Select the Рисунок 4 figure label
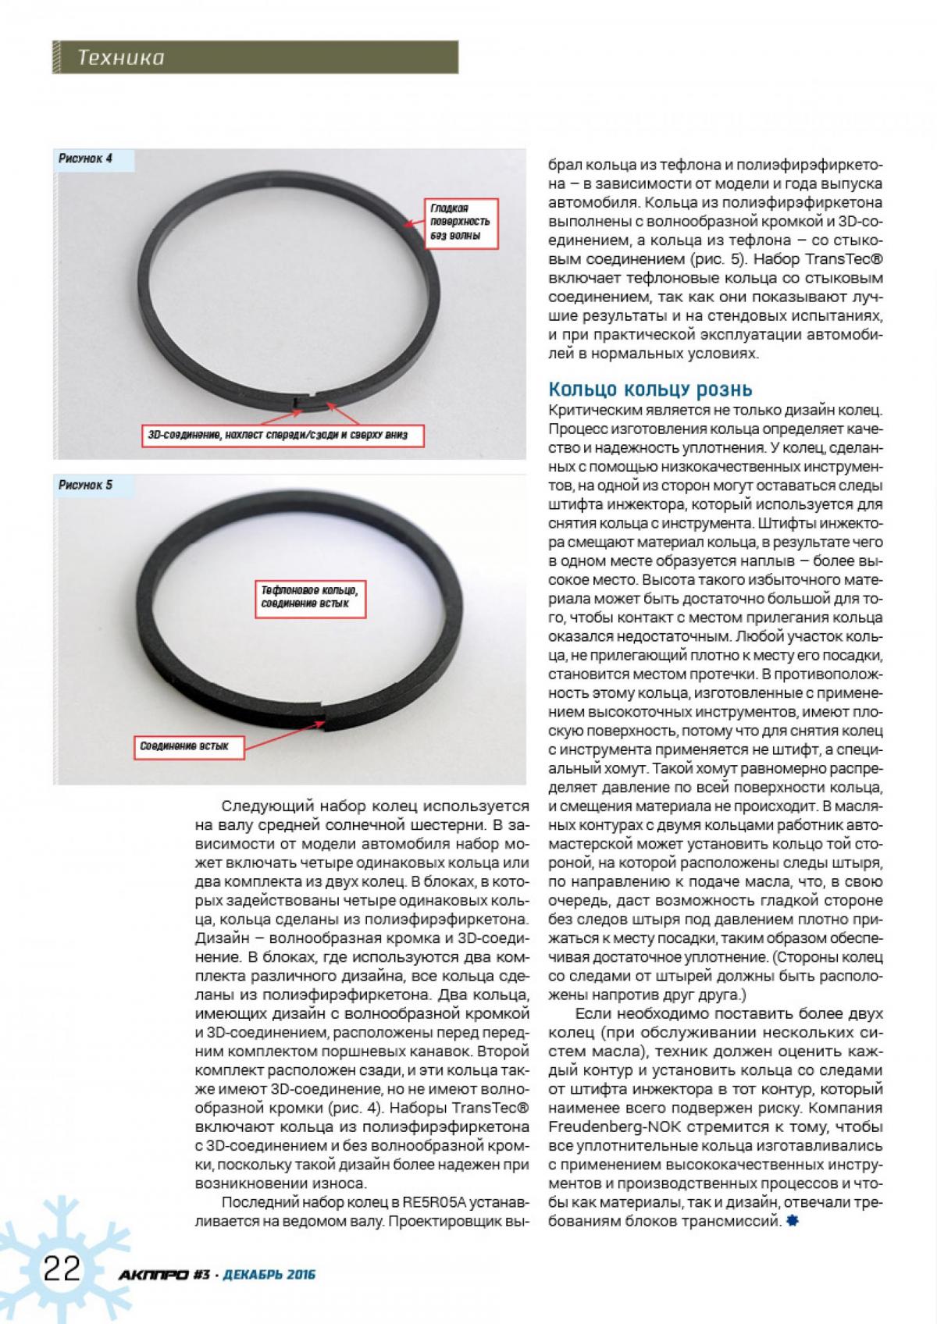(85, 158)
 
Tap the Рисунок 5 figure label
(85, 485)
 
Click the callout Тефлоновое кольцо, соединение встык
(309, 598)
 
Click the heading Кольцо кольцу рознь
(650, 389)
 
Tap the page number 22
(62, 1269)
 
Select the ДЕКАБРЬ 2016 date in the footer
(269, 1275)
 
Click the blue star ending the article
(793, 1222)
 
